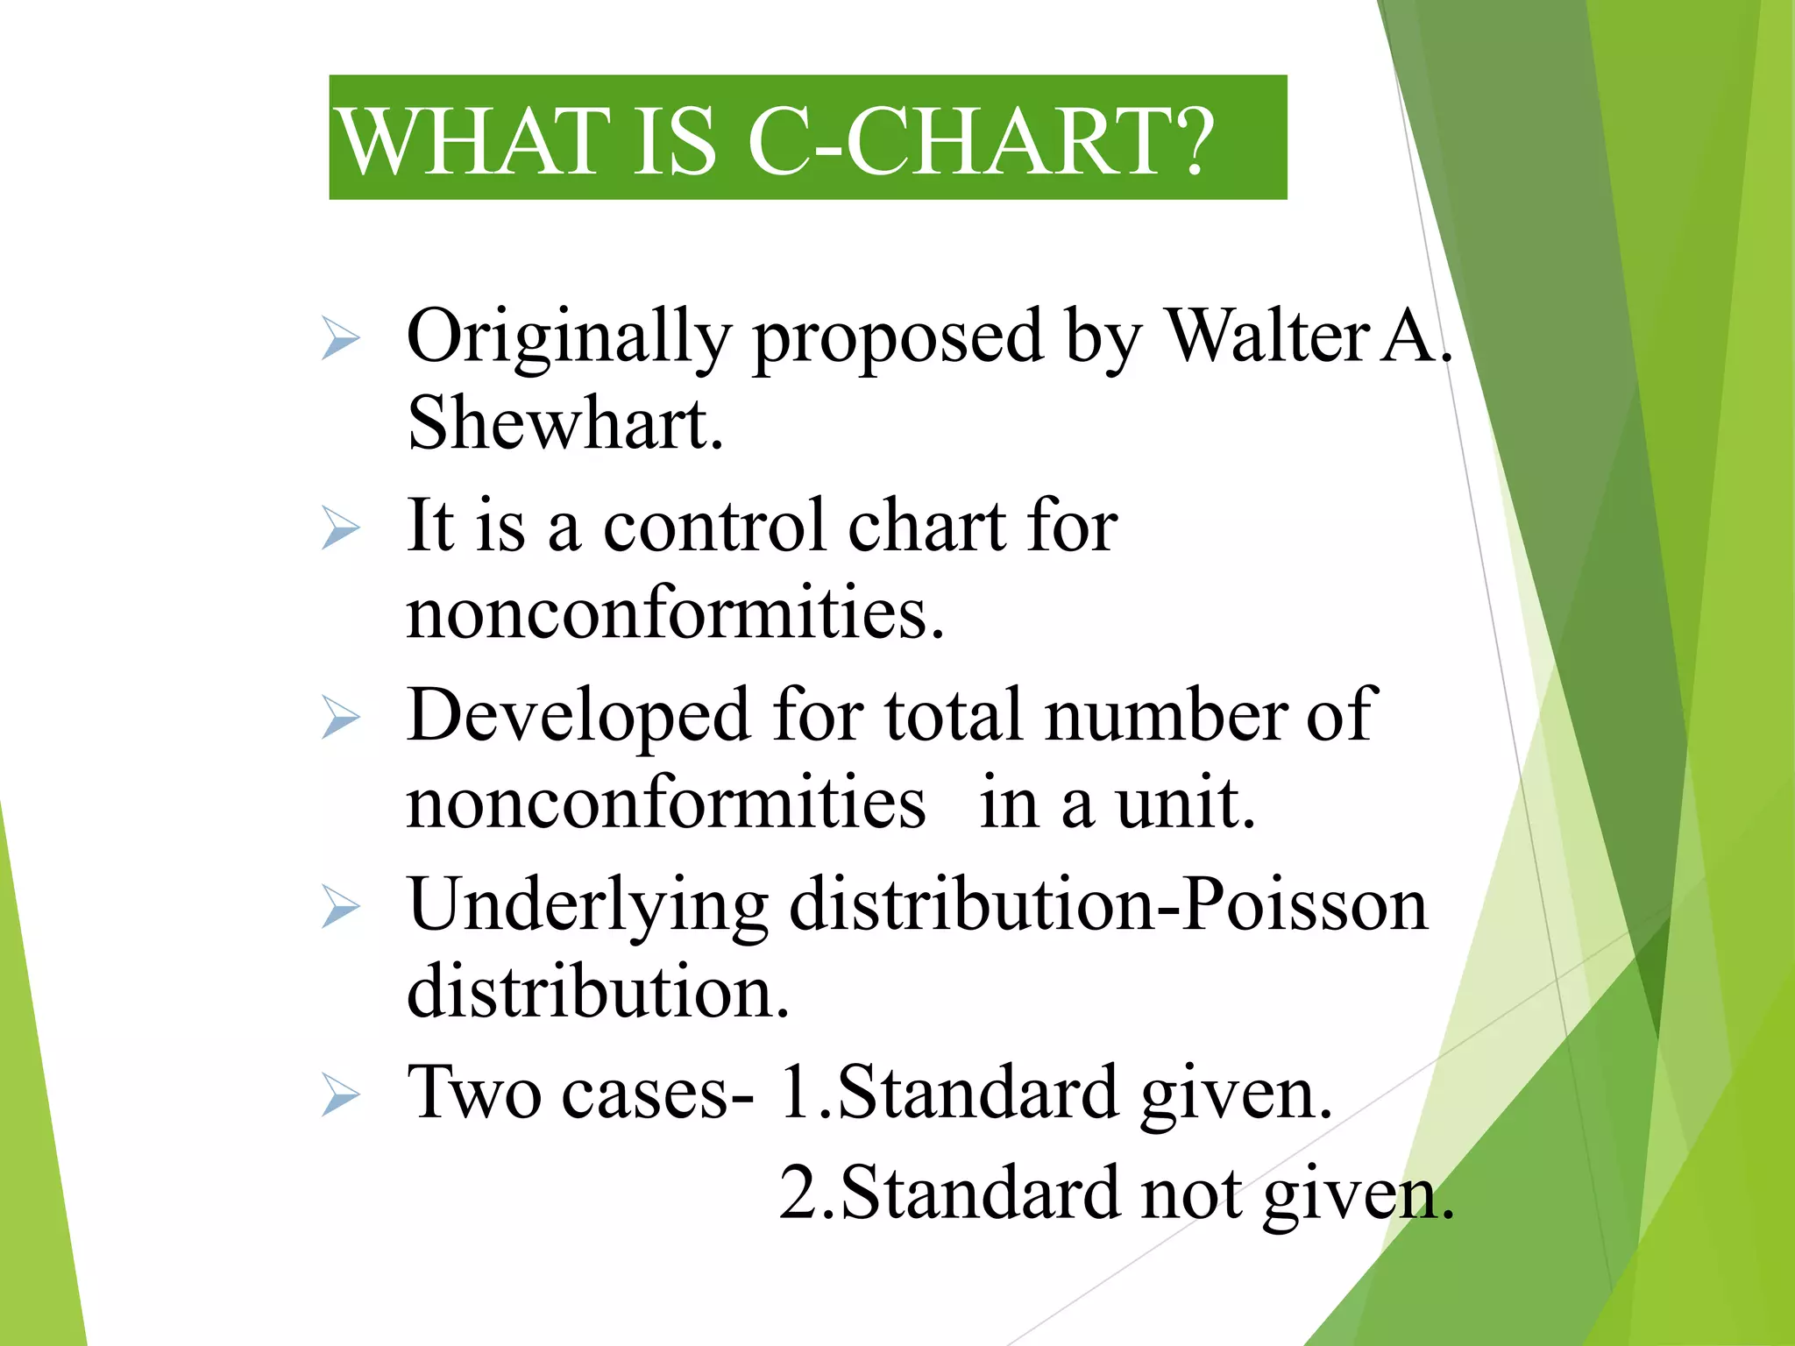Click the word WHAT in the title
point(474,141)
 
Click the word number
point(1166,715)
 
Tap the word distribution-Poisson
point(1109,904)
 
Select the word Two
point(474,1093)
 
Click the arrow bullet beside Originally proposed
point(340,338)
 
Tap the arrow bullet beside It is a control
point(340,528)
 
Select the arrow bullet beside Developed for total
point(340,717)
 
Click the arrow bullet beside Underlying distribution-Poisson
point(340,906)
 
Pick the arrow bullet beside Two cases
point(340,1095)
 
